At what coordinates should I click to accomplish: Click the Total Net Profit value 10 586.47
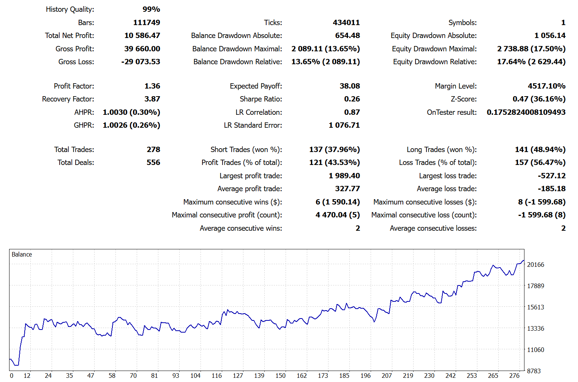tap(142, 36)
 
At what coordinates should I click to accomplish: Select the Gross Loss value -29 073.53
tap(141, 62)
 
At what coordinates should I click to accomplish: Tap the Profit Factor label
tap(74, 86)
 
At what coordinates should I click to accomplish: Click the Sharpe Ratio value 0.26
tap(352, 99)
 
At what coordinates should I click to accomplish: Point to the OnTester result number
tap(526, 113)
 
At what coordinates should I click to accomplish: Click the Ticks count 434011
tap(346, 23)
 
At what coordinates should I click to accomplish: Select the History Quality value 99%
tap(151, 10)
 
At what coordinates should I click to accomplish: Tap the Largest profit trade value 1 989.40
tap(344, 176)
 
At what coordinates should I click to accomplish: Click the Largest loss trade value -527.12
tap(551, 176)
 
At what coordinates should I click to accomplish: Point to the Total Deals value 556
tap(153, 163)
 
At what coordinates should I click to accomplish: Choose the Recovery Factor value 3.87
tap(152, 99)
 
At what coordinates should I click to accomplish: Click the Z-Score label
tap(463, 99)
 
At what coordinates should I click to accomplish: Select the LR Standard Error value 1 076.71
tap(344, 125)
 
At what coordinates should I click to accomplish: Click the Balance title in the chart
tap(22, 255)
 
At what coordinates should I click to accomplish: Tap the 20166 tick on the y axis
tap(535, 265)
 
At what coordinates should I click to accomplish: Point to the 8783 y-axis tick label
tap(534, 371)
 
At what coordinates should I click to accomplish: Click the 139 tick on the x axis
tap(259, 376)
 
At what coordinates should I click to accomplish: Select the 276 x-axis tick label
tap(514, 376)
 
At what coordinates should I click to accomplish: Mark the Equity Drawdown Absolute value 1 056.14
tap(550, 36)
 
